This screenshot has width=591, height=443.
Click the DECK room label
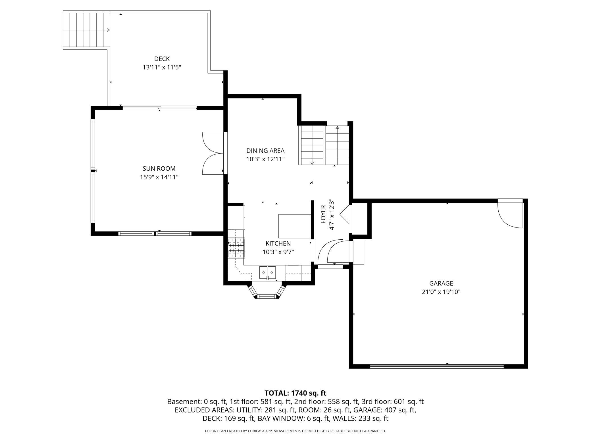[162, 59]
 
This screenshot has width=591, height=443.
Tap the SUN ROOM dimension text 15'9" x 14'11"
[159, 177]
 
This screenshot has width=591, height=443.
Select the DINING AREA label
[265, 151]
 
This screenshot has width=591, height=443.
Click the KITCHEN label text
[278, 243]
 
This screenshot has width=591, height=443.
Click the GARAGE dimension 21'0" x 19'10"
[441, 292]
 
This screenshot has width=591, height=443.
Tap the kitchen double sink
[267, 272]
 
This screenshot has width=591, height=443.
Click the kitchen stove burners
[236, 248]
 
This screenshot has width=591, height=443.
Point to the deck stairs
[86, 30]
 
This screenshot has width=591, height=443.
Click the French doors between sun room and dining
[213, 153]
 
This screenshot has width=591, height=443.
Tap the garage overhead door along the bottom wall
[437, 366]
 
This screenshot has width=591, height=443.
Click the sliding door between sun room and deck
[159, 108]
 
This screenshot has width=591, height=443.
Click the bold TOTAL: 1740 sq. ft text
[295, 393]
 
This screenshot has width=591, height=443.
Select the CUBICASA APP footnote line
[295, 431]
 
